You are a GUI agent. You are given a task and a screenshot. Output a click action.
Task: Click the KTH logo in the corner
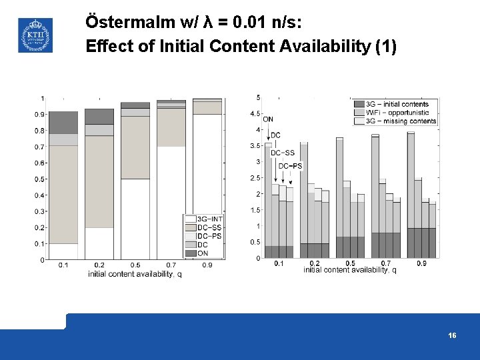click(35, 35)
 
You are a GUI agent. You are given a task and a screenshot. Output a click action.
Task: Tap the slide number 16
click(453, 336)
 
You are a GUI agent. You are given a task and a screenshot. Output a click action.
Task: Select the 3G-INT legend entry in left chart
click(209, 219)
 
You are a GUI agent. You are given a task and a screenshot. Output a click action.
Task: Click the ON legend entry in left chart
click(202, 253)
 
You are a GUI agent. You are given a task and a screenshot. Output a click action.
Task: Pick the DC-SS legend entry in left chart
click(209, 227)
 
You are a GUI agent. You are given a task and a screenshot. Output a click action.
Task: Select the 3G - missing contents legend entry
click(401, 121)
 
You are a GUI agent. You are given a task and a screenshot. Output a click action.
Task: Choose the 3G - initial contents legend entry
click(397, 104)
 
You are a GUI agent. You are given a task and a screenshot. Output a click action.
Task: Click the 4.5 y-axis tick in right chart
click(255, 114)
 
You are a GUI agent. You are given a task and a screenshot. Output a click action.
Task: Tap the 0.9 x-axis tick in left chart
click(207, 265)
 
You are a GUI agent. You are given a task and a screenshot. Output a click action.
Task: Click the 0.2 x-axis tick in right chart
click(315, 263)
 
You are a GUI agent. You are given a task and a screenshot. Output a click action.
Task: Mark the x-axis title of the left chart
click(135, 273)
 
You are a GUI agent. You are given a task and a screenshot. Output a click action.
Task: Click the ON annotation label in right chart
click(268, 120)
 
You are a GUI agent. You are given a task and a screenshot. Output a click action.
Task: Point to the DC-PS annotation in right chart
click(290, 166)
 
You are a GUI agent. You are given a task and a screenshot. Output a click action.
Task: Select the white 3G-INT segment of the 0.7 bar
click(171, 203)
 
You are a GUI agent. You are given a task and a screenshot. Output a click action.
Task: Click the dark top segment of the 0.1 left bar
click(63, 123)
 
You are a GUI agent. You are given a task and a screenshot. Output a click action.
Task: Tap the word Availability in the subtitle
click(316, 47)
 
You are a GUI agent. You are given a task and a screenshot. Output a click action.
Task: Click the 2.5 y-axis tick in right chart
click(255, 178)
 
